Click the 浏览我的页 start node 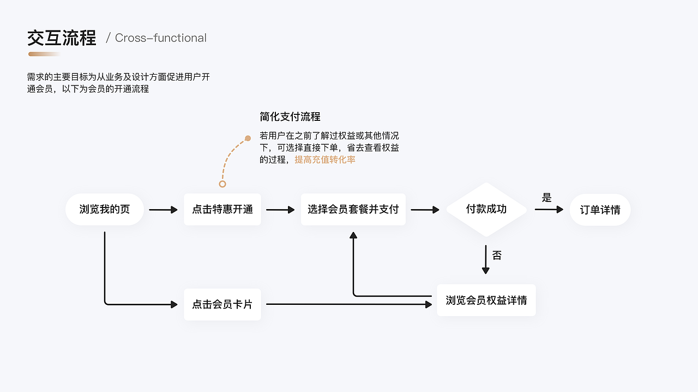point(105,210)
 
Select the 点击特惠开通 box point(222,210)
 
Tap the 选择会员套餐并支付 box point(353,210)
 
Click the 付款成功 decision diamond point(486,210)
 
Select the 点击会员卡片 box point(222,304)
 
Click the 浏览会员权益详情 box point(486,300)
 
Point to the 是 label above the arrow point(547,198)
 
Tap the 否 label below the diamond point(497,255)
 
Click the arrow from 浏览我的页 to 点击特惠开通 point(164,210)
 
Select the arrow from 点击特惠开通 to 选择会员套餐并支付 point(280,210)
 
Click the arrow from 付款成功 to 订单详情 point(549,210)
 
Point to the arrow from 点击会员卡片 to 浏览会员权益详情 point(349,304)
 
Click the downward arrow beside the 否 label point(486,260)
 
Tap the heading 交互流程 point(62,38)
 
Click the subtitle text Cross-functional point(160,38)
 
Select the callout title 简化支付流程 point(290,117)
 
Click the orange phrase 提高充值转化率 point(325,160)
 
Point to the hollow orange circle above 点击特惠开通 point(222,184)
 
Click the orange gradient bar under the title point(44,54)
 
